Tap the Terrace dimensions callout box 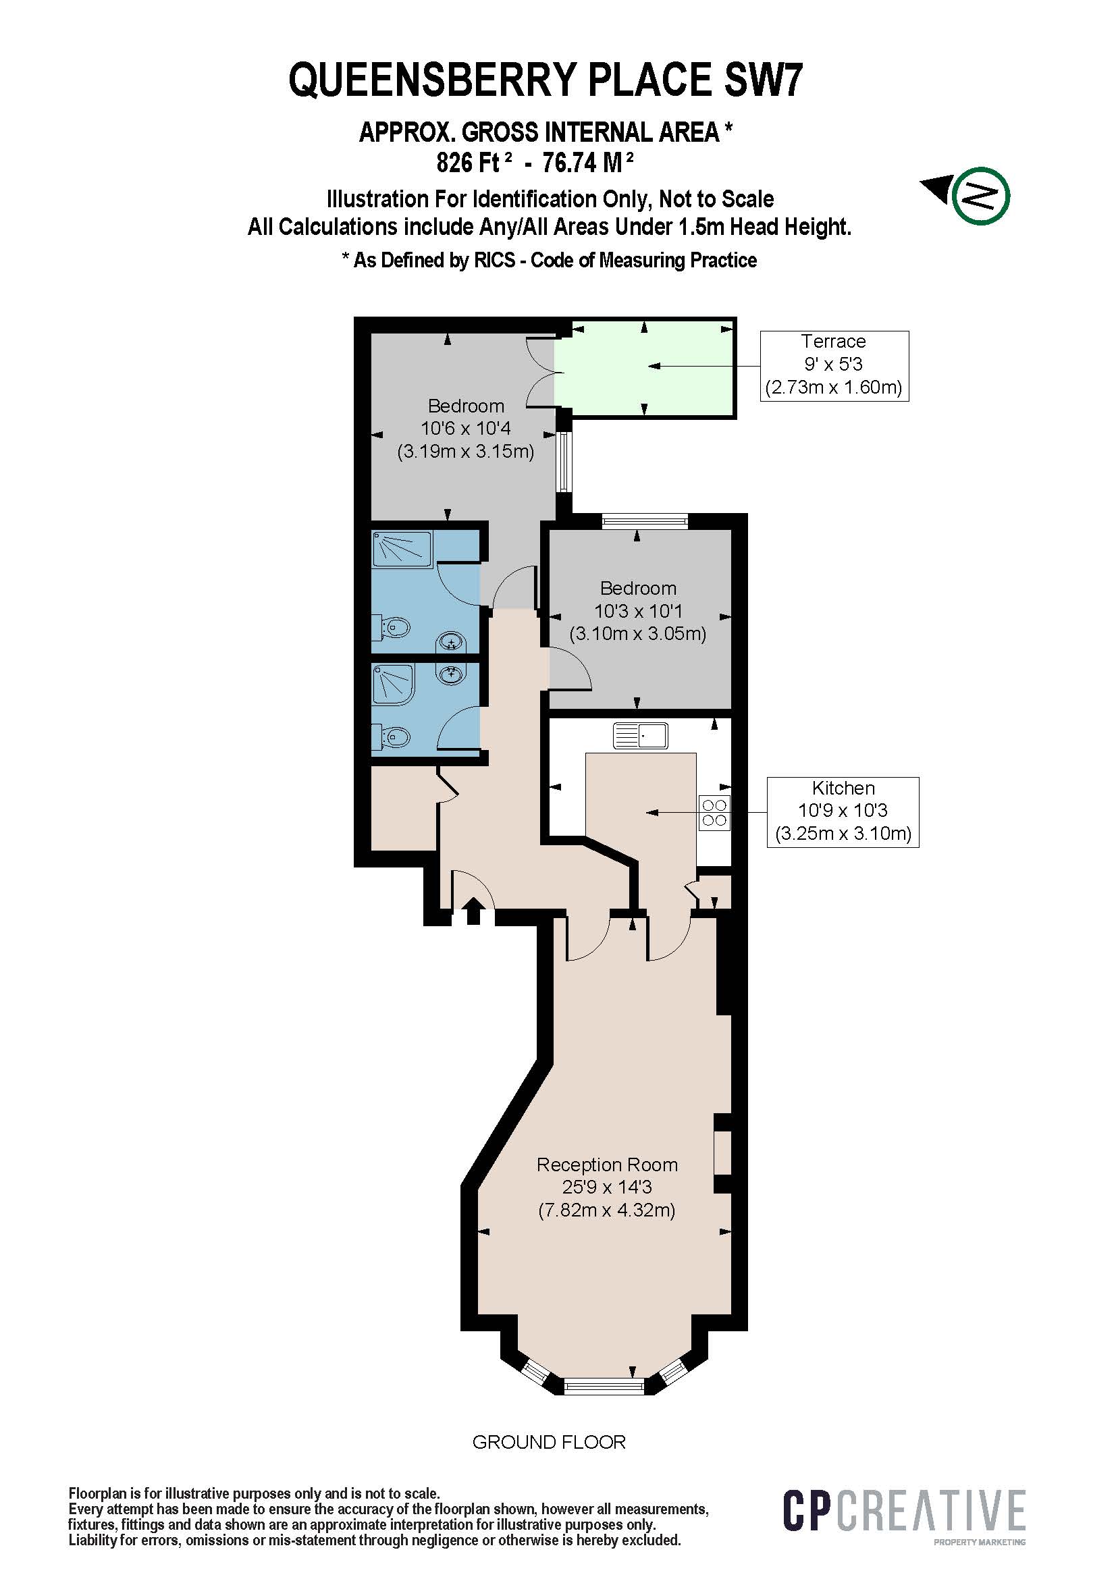point(833,365)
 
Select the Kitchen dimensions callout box point(843,811)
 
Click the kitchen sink point(640,736)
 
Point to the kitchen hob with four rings point(714,812)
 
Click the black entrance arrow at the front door point(473,911)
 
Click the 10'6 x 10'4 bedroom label point(466,429)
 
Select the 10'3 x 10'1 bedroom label point(637,611)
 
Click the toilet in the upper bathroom point(395,627)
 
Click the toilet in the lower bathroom point(395,737)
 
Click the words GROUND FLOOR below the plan point(549,1441)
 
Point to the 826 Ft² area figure point(475,163)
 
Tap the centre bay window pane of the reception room point(604,1385)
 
